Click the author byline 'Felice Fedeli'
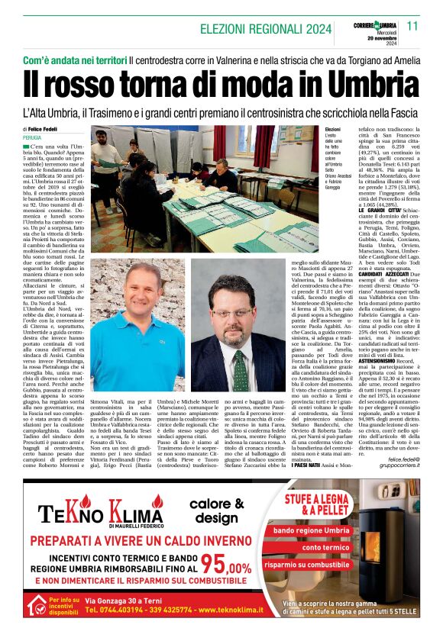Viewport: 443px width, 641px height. (46, 130)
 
